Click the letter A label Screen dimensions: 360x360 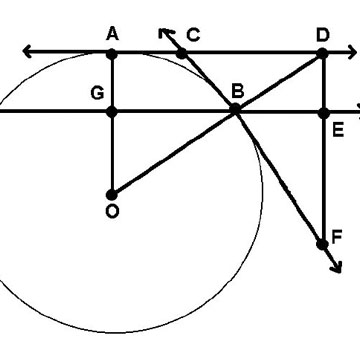pos(113,33)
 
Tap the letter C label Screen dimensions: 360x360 pos(193,35)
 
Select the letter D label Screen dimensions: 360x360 pos(322,34)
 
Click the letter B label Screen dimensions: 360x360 pos(237,93)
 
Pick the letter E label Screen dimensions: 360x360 pos(338,129)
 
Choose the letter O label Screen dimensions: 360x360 pos(112,211)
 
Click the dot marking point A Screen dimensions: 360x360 pos(112,53)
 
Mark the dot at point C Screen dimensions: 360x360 pos(181,53)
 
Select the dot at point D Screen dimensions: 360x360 pos(322,53)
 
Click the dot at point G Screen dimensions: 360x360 pos(112,112)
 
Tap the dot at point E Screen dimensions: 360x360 pos(322,112)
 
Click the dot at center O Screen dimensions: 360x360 pos(112,194)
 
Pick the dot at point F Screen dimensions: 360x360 pos(321,244)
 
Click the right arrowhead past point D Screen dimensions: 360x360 pos(351,53)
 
